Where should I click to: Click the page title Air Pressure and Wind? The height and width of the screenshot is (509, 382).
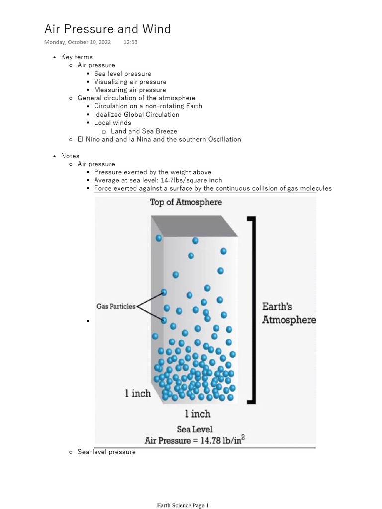107,29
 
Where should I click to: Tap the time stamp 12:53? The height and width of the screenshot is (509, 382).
130,42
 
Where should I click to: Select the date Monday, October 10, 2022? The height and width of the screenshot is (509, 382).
78,42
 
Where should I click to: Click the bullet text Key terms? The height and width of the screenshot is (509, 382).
77,57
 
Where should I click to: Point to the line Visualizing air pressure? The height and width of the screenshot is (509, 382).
130,82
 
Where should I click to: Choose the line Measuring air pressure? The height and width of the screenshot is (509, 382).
130,90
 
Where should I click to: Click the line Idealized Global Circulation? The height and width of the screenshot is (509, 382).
136,114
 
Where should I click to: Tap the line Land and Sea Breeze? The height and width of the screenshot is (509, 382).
144,131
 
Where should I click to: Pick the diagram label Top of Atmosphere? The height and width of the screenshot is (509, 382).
186,202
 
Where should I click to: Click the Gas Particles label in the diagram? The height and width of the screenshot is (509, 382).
116,307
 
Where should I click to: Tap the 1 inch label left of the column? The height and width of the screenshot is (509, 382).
137,393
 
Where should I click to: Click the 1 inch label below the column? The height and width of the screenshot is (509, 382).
197,414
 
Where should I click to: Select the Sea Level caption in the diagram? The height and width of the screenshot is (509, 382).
194,429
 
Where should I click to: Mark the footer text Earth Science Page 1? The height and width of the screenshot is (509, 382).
183,506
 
